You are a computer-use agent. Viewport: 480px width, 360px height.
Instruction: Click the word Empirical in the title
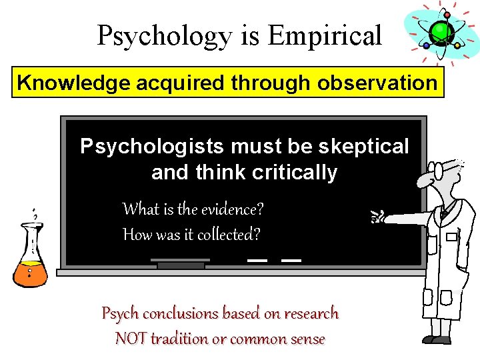[x=325, y=35]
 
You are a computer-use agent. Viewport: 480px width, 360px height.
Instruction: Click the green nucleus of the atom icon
[x=440, y=31]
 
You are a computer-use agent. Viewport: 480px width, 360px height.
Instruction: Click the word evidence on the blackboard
[x=228, y=209]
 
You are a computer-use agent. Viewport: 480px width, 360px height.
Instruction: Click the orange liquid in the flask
[x=31, y=272]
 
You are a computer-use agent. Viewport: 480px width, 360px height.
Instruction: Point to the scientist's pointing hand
[x=379, y=215]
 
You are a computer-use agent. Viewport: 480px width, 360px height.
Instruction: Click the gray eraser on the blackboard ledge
[x=181, y=263]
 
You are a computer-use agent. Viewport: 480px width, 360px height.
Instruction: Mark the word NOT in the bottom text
[x=131, y=339]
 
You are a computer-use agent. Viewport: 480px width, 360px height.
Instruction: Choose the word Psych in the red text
[x=120, y=313]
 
